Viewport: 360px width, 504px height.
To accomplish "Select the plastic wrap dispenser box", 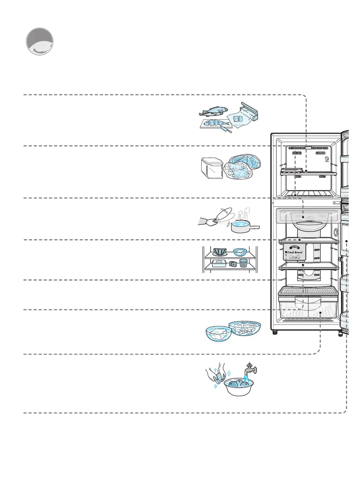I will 249,111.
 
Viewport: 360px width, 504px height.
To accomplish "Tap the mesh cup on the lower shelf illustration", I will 243,263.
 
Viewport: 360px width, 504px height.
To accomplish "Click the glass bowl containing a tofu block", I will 219,333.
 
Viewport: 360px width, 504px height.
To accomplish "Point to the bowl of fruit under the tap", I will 241,386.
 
